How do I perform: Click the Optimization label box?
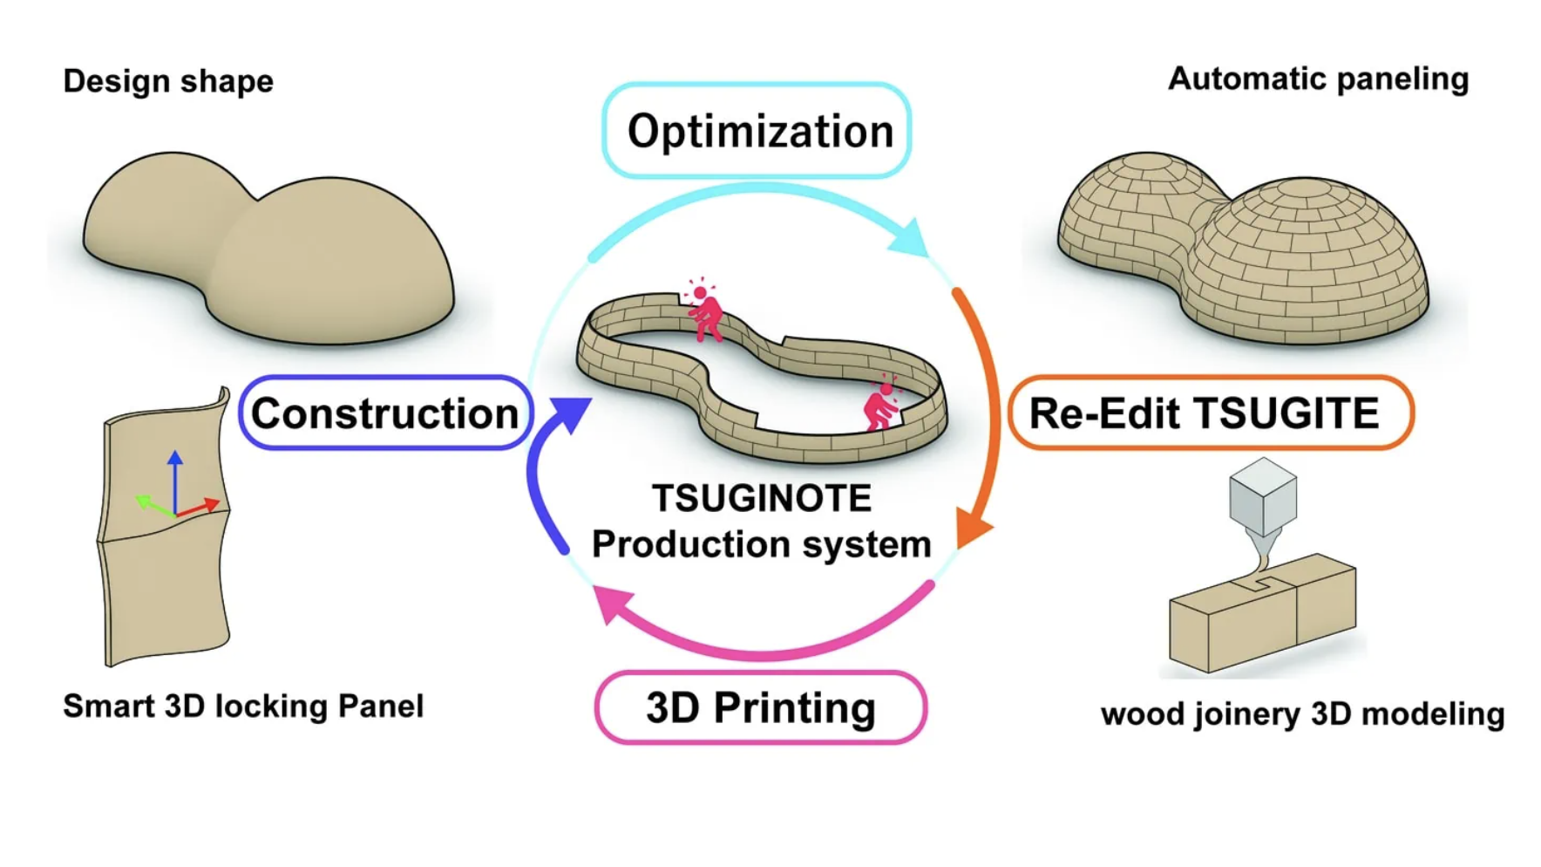[x=757, y=131]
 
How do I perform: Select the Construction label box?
[x=384, y=413]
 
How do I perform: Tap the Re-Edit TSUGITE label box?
[x=1210, y=413]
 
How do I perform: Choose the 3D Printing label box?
[x=760, y=707]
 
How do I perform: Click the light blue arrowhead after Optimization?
[x=910, y=237]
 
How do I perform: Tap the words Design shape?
[x=168, y=81]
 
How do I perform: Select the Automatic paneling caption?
[x=1318, y=79]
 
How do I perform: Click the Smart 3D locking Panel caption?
[x=243, y=706]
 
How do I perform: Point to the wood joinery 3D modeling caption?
[x=1302, y=713]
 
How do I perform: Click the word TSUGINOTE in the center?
[x=762, y=498]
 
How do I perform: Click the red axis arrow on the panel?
[x=200, y=506]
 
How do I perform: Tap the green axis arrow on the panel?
[x=153, y=505]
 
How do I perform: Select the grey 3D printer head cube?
[x=1263, y=494]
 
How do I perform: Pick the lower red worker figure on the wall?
[x=881, y=406]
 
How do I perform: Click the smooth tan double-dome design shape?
[x=270, y=249]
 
